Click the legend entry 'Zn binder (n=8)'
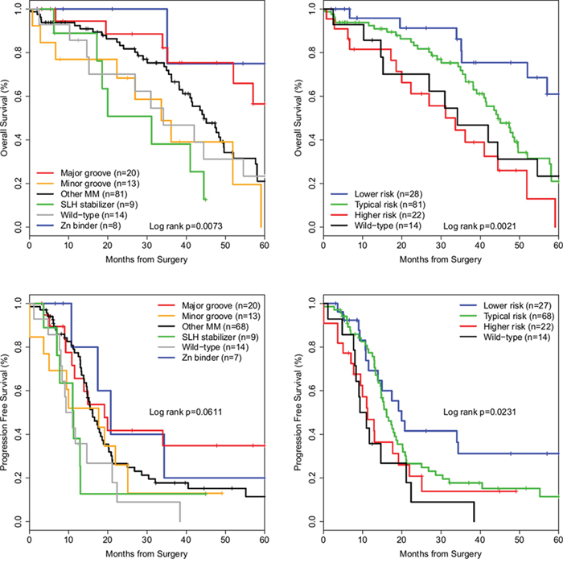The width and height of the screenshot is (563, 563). coord(91,226)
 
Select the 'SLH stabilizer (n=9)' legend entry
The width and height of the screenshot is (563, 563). coord(99,205)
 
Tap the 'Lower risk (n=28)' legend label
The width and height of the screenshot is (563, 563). coord(388,194)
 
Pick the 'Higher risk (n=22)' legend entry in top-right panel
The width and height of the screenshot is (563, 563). coord(389,215)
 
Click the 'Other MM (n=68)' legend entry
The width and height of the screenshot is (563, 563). coord(215,326)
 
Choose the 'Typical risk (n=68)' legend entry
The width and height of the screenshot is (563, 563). coord(519,316)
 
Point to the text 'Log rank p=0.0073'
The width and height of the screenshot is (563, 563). coord(186,226)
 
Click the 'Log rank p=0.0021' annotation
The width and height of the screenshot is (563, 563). coord(479,226)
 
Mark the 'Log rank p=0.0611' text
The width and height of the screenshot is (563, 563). coord(186,412)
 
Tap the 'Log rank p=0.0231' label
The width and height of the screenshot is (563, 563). coord(479,412)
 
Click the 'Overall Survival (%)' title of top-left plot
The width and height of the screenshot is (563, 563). coord(4,118)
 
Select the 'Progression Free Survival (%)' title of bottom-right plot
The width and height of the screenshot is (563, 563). coord(298,412)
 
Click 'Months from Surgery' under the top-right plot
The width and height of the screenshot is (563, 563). coord(441,259)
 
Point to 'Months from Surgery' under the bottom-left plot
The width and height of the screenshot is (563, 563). coord(146,553)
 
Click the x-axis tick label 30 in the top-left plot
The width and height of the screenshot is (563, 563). coord(147,245)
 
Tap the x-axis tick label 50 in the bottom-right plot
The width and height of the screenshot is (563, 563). coord(520,540)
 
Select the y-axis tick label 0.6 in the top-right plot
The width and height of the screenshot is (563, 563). coord(312,96)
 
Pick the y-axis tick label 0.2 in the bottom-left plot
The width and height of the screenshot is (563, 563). coord(18,478)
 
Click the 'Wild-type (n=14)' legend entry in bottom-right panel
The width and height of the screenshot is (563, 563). coord(516,337)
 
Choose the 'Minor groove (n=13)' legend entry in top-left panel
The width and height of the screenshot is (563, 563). coord(100,184)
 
